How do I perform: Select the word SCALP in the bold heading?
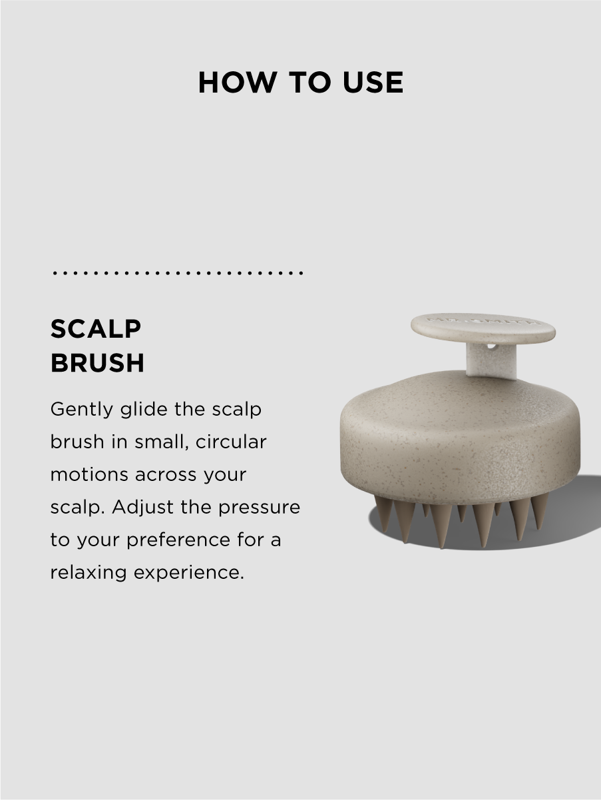(x=96, y=328)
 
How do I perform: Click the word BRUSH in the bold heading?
(x=97, y=363)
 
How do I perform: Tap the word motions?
(x=89, y=474)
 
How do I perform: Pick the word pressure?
(x=259, y=507)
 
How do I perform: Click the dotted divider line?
(x=178, y=272)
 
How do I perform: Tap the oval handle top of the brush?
(x=483, y=328)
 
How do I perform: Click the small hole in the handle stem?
(x=491, y=346)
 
